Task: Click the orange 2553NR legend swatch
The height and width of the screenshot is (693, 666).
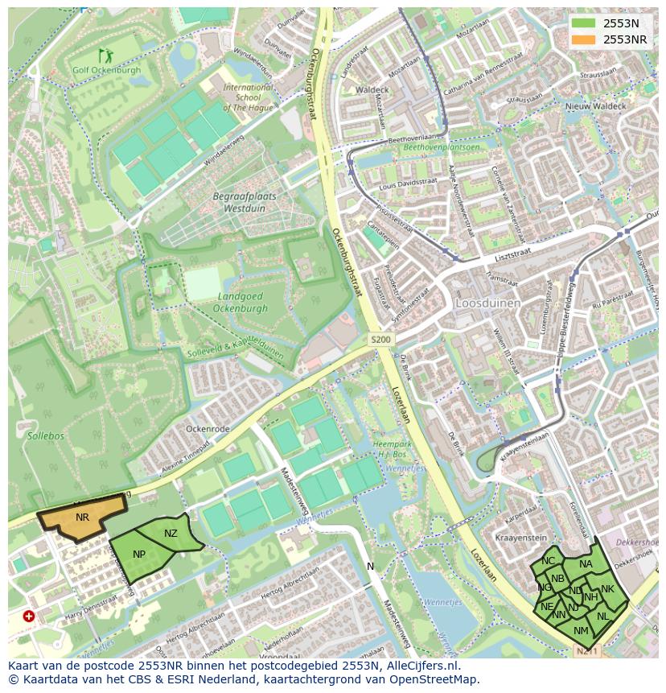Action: pos(585,39)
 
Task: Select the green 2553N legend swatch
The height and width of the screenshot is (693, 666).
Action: pos(585,23)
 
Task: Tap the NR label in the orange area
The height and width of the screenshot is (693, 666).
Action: pos(82,518)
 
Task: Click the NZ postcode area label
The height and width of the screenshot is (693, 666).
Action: pos(171,534)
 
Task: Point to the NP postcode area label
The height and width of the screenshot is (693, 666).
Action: pos(139,555)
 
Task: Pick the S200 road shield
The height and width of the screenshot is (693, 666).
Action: pos(380,340)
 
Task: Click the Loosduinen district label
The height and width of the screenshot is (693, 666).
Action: pos(488,303)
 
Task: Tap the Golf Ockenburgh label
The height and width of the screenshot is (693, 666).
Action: pos(106,70)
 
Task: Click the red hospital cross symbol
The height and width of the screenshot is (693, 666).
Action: pos(29,616)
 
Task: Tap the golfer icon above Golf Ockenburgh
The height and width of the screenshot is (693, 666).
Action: pos(105,56)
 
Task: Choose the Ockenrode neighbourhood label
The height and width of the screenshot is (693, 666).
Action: pos(208,429)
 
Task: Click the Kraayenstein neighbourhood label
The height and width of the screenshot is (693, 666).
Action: pos(521,537)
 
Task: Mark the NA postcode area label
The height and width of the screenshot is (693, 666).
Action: pos(586,564)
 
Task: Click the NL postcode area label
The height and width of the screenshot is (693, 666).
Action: pos(602,616)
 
